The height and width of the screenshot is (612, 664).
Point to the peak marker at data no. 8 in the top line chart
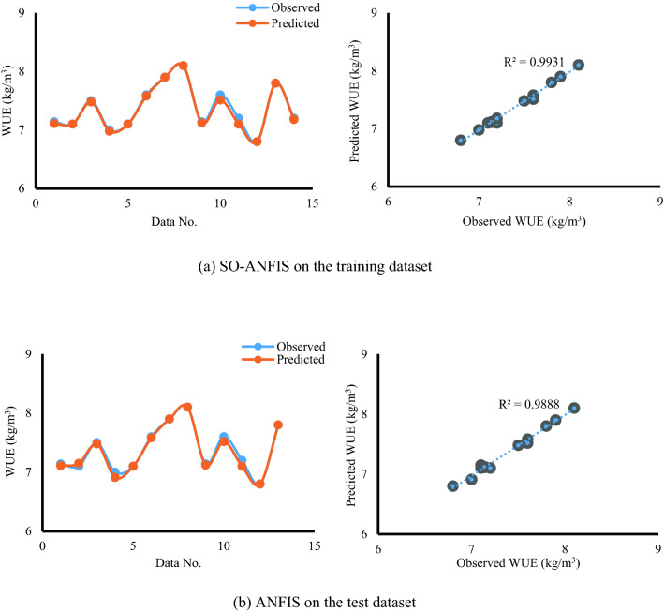[184, 66]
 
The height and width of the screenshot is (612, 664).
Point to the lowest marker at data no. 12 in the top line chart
[257, 142]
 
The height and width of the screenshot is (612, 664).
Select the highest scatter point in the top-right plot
[579, 65]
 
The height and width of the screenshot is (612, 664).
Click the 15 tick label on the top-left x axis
[313, 203]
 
